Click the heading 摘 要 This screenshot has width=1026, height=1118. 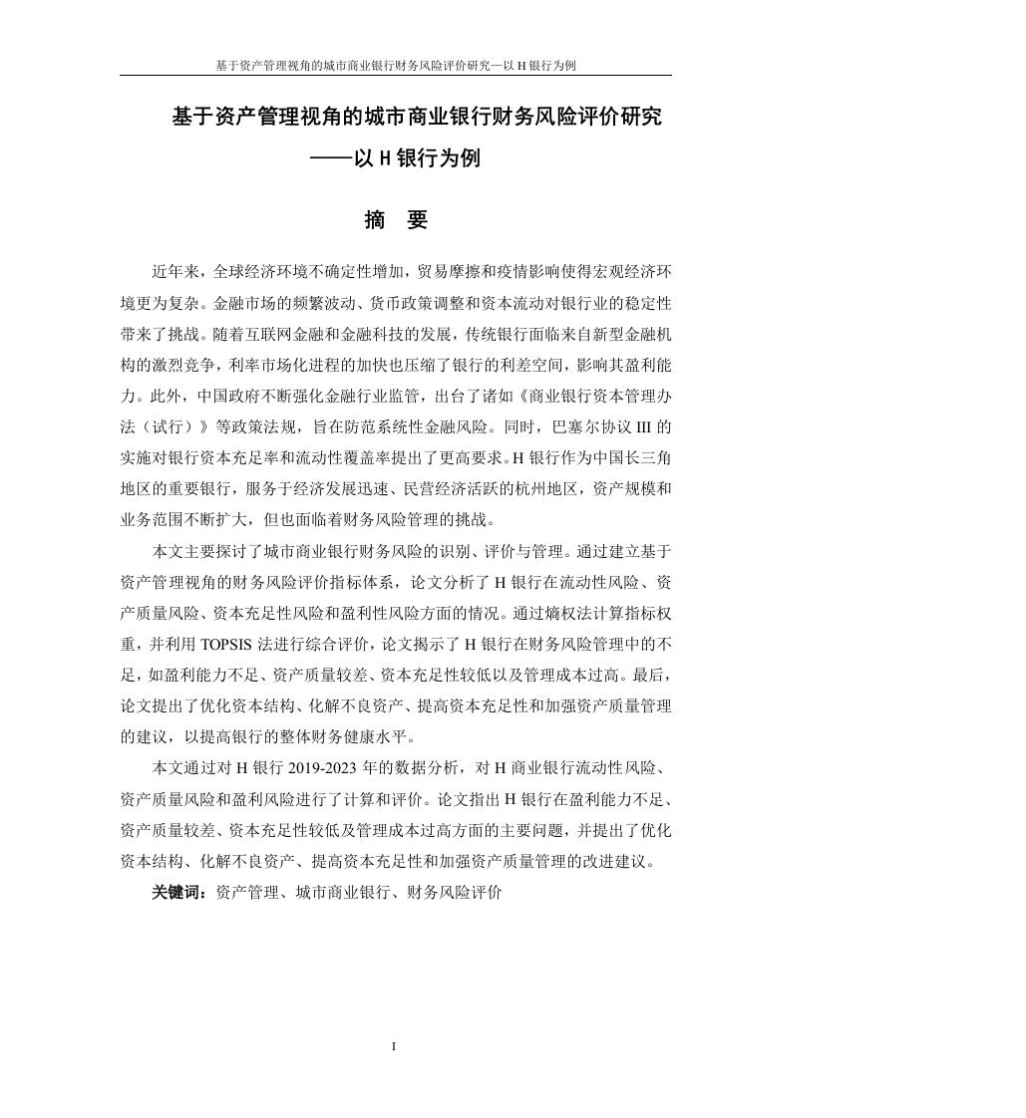pos(396,220)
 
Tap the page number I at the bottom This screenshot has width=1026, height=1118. pos(395,1045)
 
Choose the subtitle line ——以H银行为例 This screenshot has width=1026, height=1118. pos(395,158)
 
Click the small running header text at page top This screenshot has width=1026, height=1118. pos(395,66)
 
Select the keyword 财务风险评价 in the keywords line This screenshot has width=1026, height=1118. pos(454,893)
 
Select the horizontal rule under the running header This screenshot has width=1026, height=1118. pos(395,76)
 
